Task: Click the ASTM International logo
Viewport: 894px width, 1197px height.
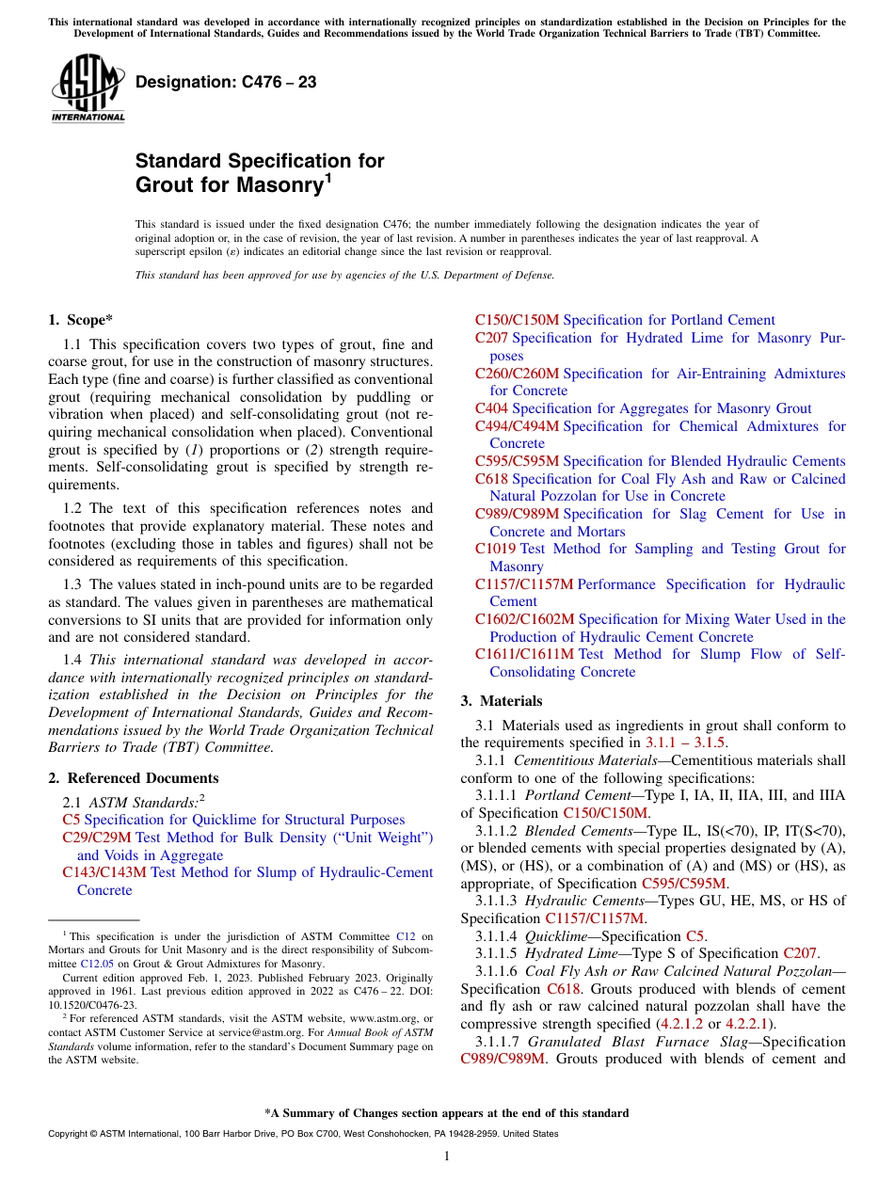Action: (88, 89)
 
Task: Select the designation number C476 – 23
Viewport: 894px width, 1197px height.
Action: (226, 83)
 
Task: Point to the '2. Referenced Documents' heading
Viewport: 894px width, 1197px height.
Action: (134, 778)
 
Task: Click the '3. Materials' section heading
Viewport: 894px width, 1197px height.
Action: (502, 701)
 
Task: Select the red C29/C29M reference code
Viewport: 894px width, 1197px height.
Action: (97, 838)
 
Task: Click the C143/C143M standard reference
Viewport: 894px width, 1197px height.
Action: (104, 872)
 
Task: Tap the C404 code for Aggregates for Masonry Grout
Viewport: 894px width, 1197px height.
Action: (491, 408)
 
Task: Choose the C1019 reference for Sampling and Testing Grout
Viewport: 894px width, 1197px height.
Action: (496, 549)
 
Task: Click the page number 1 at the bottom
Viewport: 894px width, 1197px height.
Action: (447, 1156)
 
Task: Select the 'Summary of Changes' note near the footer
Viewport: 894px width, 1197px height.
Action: (447, 1113)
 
